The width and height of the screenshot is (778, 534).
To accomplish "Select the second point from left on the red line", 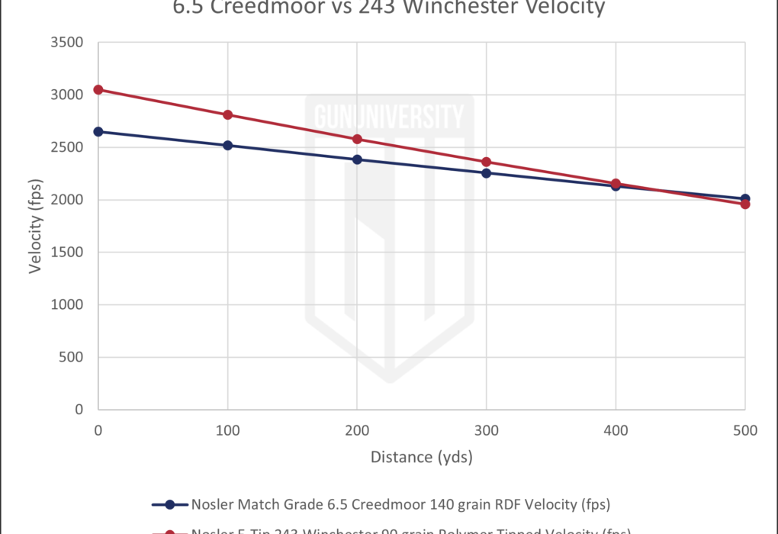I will pos(227,115).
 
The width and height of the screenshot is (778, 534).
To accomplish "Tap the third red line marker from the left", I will pos(356,140).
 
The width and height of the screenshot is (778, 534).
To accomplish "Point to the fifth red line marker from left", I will pos(615,183).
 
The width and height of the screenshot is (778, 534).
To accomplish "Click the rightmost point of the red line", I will pos(744,203).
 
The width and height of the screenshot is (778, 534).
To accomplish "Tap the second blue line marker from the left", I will pos(227,145).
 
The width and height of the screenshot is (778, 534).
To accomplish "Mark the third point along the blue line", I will pos(356,159).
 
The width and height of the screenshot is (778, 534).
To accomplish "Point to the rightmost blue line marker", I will pos(744,198).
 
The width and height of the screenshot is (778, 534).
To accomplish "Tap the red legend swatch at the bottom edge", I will pos(177,531).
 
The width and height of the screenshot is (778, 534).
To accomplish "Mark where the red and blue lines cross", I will pos(671,191).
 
